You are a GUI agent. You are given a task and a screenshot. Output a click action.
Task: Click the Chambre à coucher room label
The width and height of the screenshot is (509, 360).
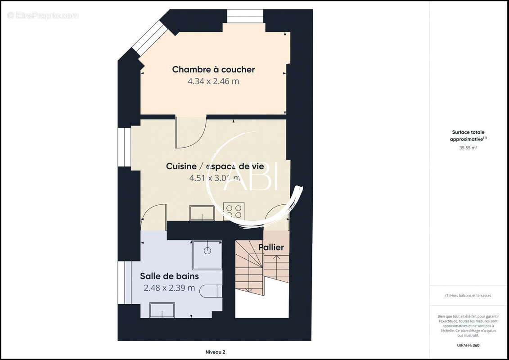pyautogui.click(x=213, y=69)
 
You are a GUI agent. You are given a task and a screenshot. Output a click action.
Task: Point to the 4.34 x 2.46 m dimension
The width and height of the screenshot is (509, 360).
pyautogui.click(x=213, y=81)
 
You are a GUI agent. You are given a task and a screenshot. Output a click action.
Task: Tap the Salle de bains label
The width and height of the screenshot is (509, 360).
pyautogui.click(x=169, y=276)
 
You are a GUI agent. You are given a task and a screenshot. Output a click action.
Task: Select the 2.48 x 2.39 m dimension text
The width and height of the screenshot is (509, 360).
pyautogui.click(x=169, y=288)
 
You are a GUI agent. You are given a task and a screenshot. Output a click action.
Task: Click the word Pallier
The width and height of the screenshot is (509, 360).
pyautogui.click(x=271, y=247)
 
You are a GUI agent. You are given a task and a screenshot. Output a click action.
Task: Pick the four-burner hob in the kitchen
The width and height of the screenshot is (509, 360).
pyautogui.click(x=234, y=211)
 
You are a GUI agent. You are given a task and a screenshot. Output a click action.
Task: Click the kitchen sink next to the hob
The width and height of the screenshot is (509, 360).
pyautogui.click(x=202, y=213)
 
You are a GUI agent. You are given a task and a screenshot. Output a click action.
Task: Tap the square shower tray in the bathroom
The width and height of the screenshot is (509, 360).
pyautogui.click(x=207, y=255)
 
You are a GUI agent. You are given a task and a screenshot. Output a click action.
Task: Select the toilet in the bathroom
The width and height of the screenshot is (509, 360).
pyautogui.click(x=211, y=291)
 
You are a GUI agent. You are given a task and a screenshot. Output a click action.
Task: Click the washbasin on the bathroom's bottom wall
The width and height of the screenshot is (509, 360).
pyautogui.click(x=162, y=310)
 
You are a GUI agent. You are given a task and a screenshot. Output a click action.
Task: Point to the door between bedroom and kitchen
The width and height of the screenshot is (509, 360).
pyautogui.click(x=190, y=132)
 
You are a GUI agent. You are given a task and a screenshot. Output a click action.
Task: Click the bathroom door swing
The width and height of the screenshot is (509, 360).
pyautogui.click(x=153, y=216)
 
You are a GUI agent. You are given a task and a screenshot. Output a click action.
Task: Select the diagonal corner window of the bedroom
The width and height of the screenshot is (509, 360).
pyautogui.click(x=149, y=38)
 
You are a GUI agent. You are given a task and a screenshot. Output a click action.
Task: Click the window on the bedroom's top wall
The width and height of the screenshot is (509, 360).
pyautogui.click(x=245, y=16)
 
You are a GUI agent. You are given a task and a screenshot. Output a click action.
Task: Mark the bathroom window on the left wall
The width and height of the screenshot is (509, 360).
pyautogui.click(x=121, y=282)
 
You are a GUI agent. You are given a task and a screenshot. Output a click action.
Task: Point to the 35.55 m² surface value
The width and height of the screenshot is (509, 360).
pyautogui.click(x=468, y=148)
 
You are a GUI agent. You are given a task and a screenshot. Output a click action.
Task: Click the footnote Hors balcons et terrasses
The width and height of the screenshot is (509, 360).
pyautogui.click(x=468, y=296)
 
